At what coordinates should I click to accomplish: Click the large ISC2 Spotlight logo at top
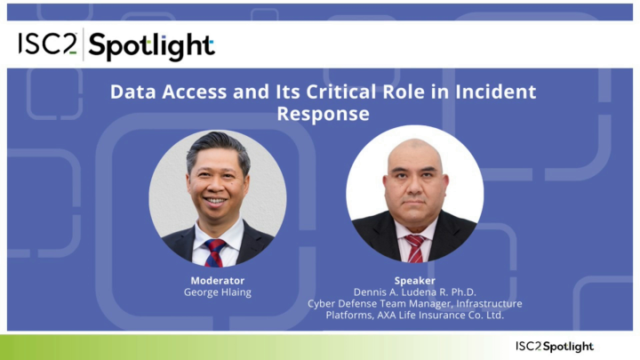click(x=116, y=45)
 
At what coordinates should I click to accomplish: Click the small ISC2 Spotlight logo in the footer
click(x=554, y=346)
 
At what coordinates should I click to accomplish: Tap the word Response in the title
click(x=323, y=114)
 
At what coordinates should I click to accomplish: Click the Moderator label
click(x=217, y=280)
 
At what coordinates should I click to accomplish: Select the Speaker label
click(x=414, y=280)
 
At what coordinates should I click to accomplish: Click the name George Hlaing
click(x=217, y=292)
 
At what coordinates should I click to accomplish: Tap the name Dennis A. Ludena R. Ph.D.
click(x=414, y=292)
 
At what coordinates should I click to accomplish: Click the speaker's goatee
click(x=415, y=211)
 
